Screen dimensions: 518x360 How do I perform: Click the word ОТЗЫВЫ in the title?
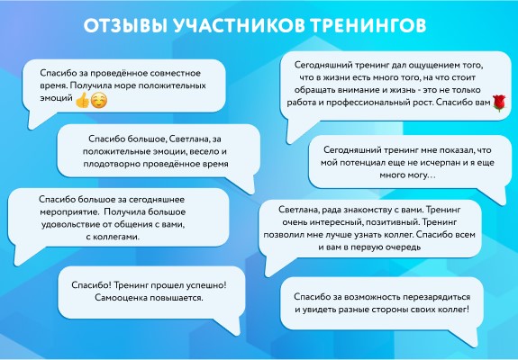coord(125,25)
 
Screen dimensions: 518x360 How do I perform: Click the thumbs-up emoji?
coord(82,100)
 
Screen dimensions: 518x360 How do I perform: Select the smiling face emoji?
coord(99,100)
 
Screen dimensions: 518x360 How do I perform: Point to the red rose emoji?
coord(499,103)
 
